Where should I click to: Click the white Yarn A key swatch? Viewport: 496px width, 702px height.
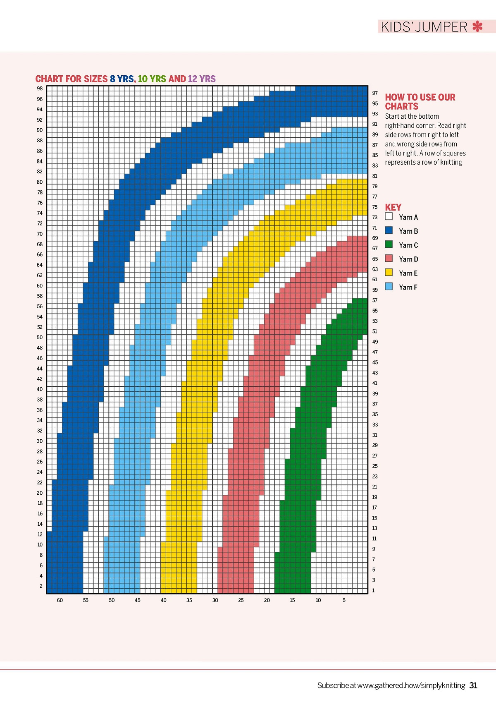pos(389,216)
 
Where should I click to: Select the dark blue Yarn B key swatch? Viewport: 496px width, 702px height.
pos(389,230)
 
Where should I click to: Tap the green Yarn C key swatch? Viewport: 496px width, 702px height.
pos(389,244)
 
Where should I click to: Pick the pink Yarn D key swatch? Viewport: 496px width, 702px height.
pos(389,259)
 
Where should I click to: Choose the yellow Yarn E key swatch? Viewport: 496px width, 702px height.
pos(389,273)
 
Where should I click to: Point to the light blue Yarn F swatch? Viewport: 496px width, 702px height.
pos(389,286)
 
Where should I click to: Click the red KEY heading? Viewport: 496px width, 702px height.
pos(393,207)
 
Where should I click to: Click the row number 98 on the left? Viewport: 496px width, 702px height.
pos(40,89)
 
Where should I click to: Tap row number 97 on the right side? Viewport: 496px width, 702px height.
pos(375,93)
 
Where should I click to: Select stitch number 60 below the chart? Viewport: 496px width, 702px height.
pos(60,600)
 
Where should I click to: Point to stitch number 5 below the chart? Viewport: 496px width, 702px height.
pos(344,600)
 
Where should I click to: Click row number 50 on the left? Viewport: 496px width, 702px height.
pos(40,338)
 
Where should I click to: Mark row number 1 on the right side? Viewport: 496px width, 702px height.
pos(373,590)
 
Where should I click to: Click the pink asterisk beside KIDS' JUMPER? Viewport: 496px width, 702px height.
pos(477,27)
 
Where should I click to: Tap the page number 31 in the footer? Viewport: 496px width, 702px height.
pos(473,685)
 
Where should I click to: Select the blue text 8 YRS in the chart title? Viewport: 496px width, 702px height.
pos(122,79)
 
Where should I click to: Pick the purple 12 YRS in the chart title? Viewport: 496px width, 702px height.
pos(202,79)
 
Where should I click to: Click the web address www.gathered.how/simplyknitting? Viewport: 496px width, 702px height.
pos(411,685)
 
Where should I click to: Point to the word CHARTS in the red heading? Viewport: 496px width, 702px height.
pos(402,106)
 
